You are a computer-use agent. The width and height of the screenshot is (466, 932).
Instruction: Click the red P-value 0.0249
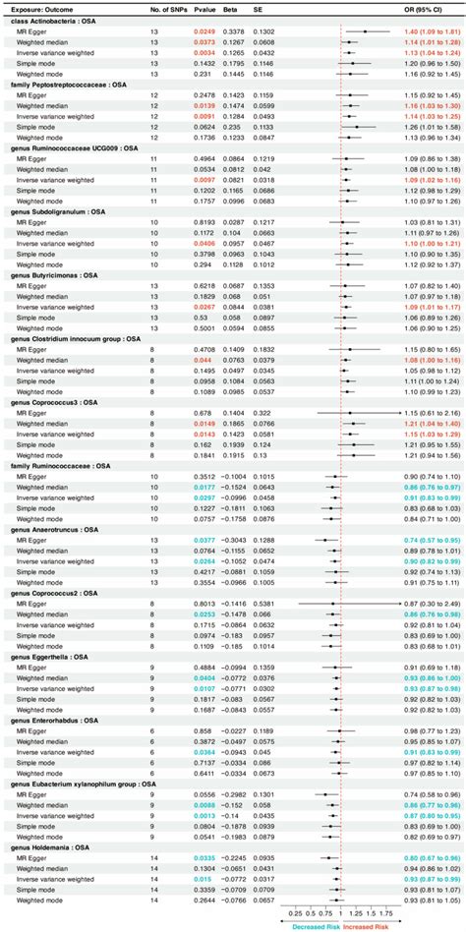[x=204, y=31]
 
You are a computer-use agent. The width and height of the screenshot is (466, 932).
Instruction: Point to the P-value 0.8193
[x=204, y=222]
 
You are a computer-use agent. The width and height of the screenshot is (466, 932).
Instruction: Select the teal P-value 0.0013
[x=204, y=815]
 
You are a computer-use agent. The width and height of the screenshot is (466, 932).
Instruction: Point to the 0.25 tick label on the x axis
[x=294, y=910]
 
